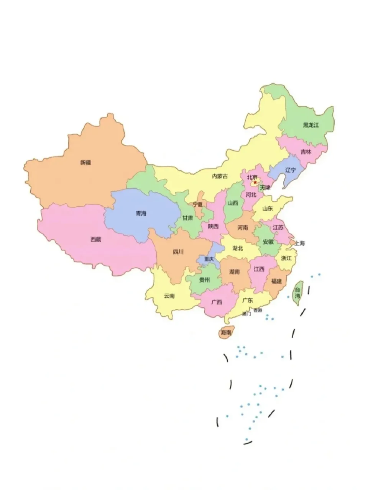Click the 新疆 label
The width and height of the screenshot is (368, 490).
coord(85,162)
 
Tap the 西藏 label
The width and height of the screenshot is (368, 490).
coord(96,239)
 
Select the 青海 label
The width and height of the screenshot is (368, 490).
coord(141,213)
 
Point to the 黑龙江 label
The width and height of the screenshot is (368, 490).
coord(311,125)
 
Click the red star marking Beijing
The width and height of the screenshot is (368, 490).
coord(255,182)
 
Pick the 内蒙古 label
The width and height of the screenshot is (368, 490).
coord(220,176)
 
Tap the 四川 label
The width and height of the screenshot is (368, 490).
coord(178,252)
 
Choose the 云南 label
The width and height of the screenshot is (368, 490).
coord(169,296)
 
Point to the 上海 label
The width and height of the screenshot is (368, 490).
coord(299,243)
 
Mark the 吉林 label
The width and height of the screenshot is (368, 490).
coord(306,152)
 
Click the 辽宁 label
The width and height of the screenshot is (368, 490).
coord(291,170)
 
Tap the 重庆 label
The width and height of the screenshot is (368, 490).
coord(209,259)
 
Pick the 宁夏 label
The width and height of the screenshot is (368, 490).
coord(197,204)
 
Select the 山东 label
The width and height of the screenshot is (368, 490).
coord(268,209)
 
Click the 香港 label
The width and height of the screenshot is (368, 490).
coord(258,310)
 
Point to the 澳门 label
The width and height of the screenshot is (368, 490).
coord(246,314)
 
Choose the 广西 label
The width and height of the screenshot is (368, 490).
coord(217,302)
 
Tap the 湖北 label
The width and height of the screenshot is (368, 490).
coord(238,248)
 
